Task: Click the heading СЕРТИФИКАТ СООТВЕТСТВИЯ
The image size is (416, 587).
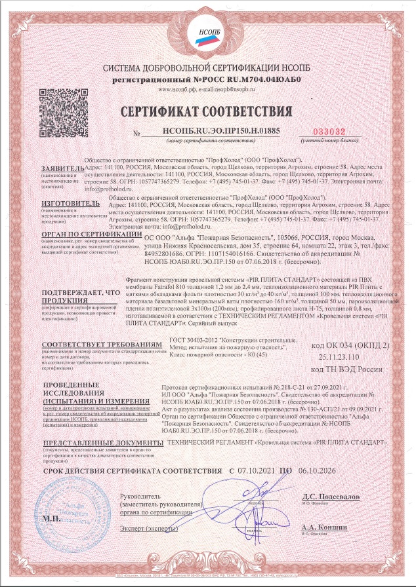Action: coord(207,108)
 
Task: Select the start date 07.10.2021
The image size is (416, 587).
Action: coord(257,470)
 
